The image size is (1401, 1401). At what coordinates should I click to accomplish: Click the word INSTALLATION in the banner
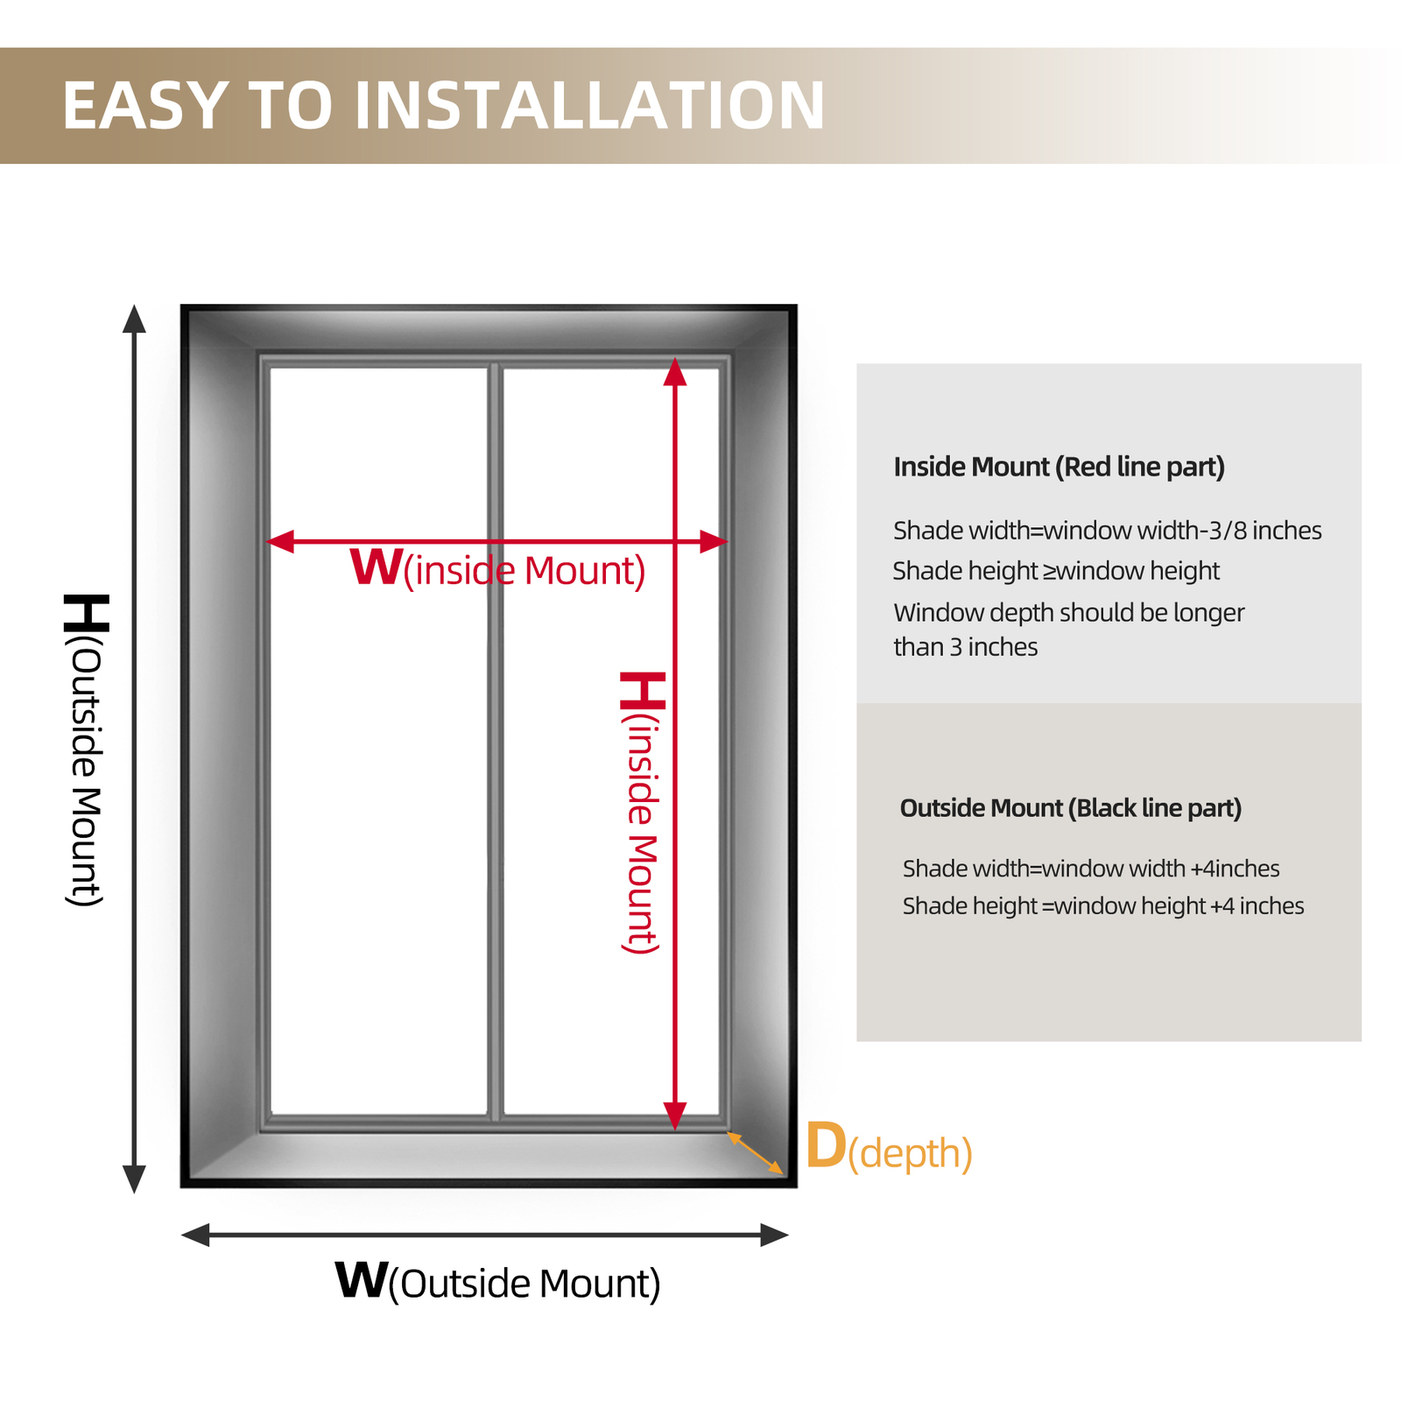click(x=589, y=106)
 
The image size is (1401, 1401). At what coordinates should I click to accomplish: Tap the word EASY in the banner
click(x=147, y=106)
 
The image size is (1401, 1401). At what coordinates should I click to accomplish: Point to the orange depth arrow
click(x=755, y=1152)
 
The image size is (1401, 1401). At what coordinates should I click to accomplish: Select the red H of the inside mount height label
click(x=643, y=691)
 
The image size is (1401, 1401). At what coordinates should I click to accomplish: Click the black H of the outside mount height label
click(x=87, y=613)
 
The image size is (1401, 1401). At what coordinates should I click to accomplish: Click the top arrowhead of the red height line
click(x=675, y=372)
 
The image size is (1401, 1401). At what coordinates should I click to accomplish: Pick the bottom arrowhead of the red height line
click(x=675, y=1116)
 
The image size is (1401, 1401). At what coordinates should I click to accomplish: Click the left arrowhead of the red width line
click(x=280, y=541)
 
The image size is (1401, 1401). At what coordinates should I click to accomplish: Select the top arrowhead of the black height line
click(x=134, y=319)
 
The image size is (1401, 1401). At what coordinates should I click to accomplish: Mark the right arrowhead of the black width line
click(x=775, y=1236)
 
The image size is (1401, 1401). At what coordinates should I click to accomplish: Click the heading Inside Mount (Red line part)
click(x=1059, y=468)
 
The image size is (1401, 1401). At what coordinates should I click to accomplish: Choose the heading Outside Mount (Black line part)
click(x=1071, y=808)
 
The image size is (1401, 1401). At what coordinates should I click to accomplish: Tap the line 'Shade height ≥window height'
click(x=1056, y=572)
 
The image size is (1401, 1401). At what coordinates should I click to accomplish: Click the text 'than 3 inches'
click(x=966, y=647)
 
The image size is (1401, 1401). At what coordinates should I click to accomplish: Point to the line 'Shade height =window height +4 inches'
click(x=1103, y=906)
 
